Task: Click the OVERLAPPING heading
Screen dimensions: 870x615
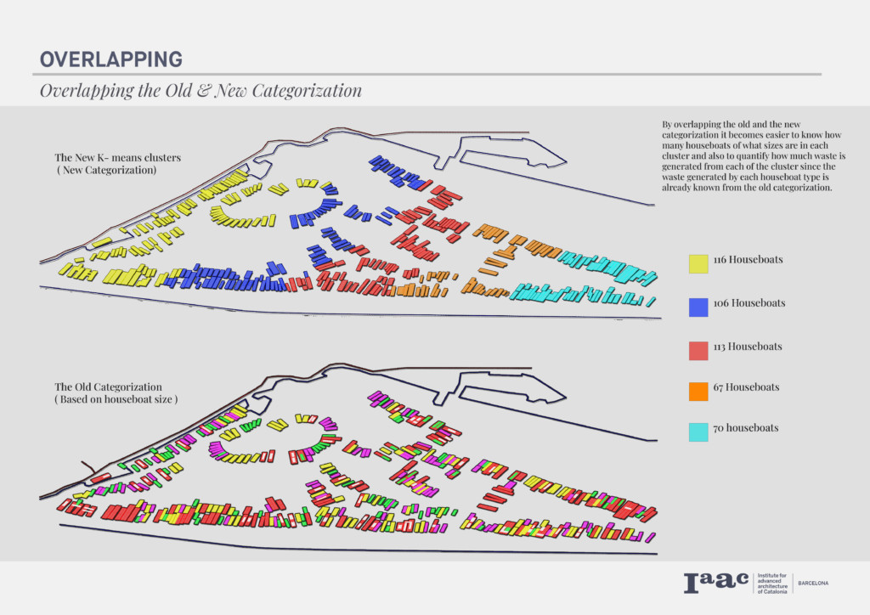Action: [x=111, y=59]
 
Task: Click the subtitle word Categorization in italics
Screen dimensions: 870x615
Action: [x=307, y=90]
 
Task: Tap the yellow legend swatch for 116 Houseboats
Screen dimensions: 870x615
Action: [x=698, y=264]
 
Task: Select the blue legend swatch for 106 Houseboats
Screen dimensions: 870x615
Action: [x=698, y=307]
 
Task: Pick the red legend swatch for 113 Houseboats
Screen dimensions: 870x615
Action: [x=698, y=351]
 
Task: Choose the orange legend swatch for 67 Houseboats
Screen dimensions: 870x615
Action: [x=698, y=391]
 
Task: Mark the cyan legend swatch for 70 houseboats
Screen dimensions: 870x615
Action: [x=698, y=432]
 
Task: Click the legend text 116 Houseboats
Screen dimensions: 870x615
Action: [x=748, y=260]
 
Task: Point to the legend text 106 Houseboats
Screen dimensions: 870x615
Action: [x=749, y=303]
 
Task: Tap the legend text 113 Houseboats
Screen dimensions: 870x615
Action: [x=748, y=347]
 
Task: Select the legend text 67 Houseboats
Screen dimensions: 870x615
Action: [x=746, y=387]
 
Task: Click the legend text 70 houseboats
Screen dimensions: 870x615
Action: [x=746, y=428]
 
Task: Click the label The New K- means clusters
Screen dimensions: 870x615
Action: [x=117, y=157]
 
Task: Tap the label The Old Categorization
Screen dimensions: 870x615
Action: [x=108, y=387]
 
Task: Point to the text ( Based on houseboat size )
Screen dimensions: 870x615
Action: [x=116, y=399]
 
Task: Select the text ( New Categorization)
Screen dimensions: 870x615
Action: [x=106, y=170]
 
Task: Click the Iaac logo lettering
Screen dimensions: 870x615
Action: [x=715, y=583]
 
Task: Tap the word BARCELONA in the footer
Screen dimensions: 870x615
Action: [x=813, y=584]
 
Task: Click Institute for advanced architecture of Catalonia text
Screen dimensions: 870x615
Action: [x=772, y=584]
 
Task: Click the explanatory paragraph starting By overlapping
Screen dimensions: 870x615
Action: [x=754, y=155]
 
